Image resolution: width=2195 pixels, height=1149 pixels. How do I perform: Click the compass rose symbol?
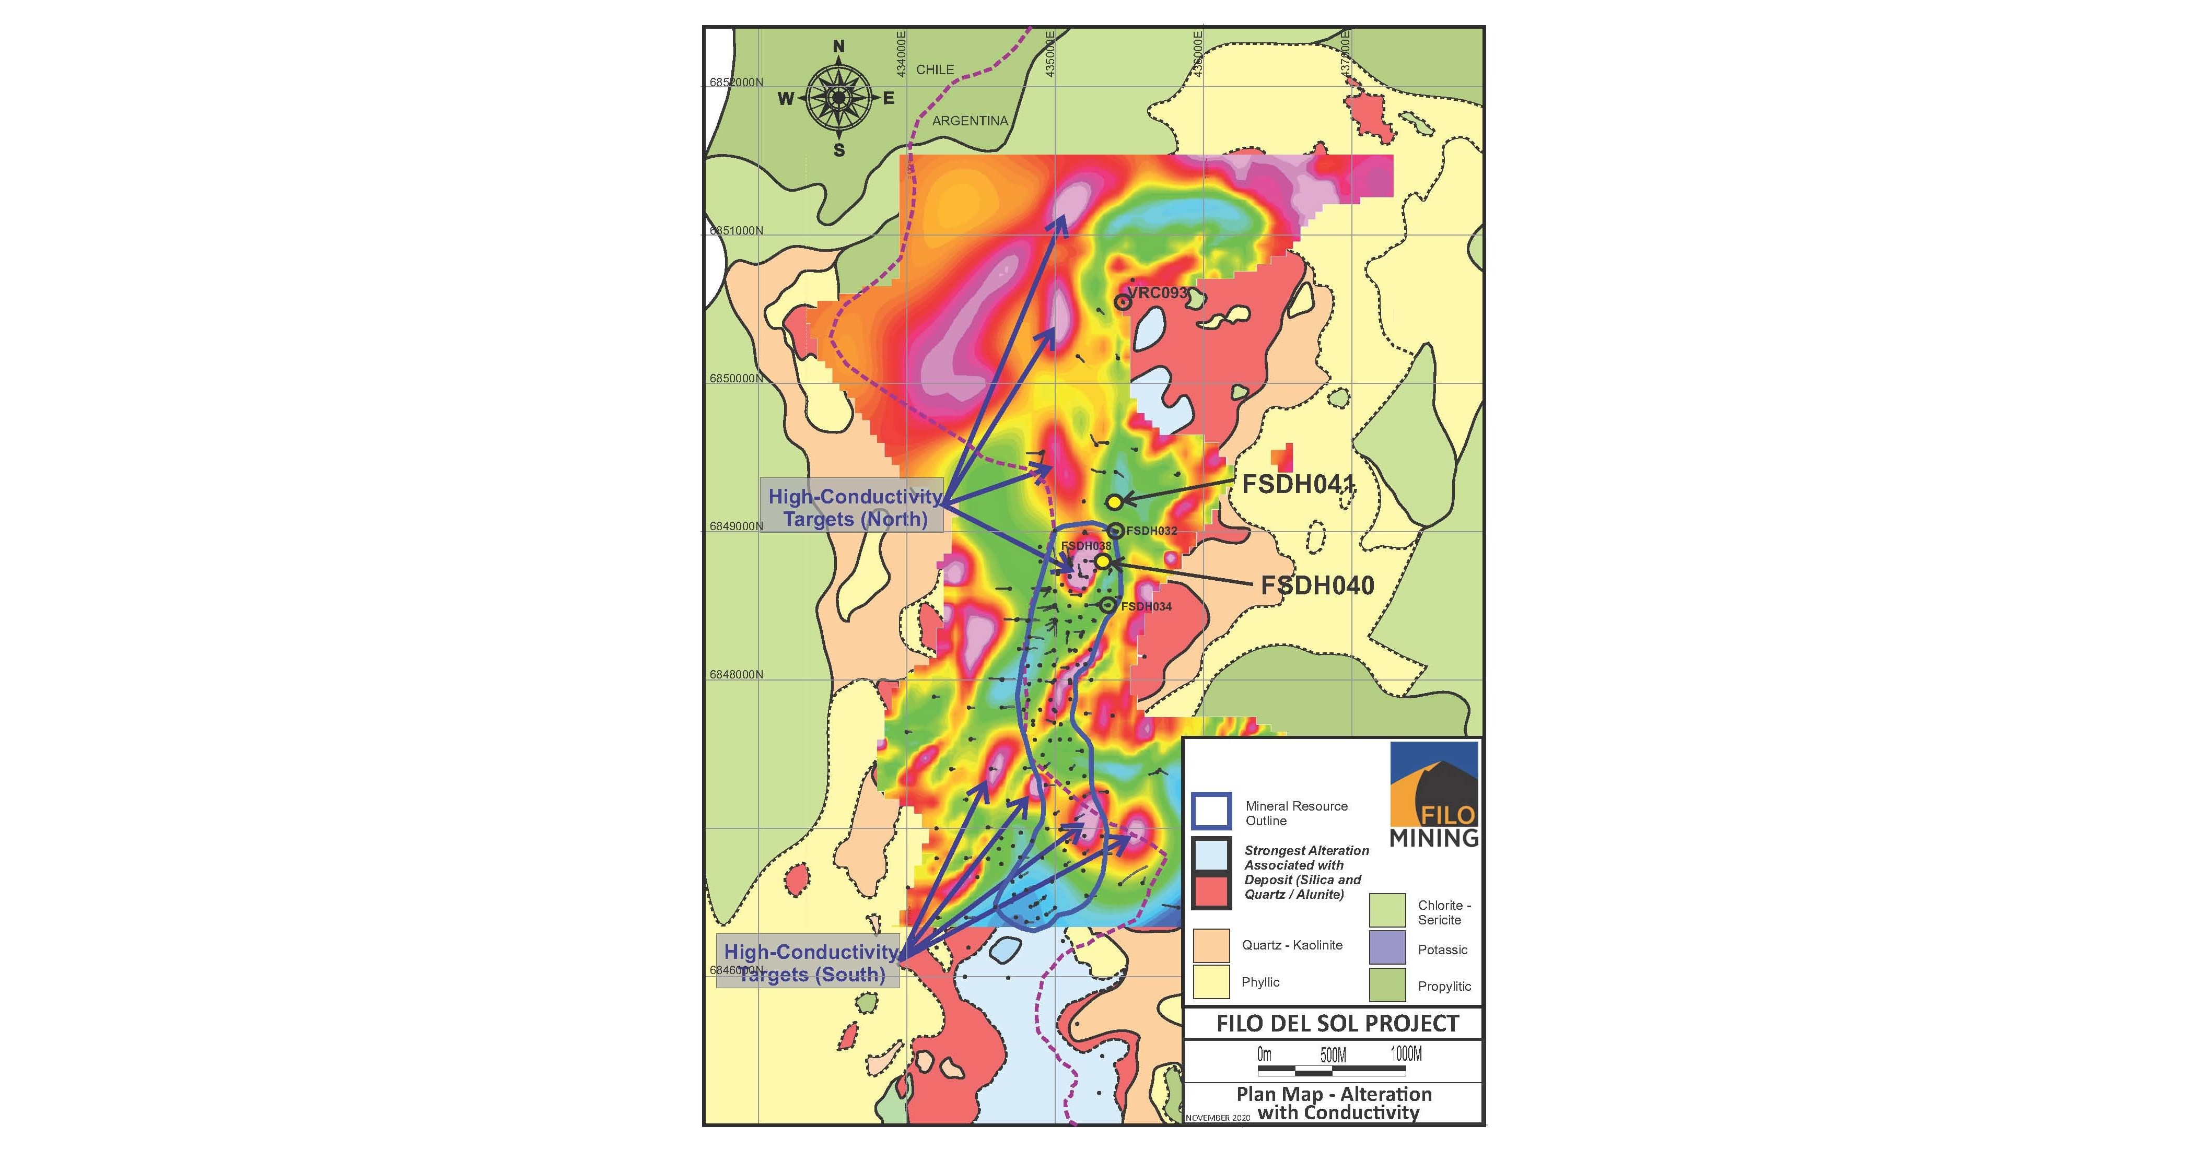click(838, 98)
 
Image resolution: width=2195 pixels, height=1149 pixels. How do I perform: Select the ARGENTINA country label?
click(970, 121)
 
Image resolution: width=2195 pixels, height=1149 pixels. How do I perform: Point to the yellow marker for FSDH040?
click(1103, 561)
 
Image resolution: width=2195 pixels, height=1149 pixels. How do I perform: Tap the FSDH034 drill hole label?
click(1146, 606)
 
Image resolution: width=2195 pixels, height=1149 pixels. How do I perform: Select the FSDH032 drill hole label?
click(1151, 531)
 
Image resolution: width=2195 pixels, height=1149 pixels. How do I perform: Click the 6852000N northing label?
click(736, 83)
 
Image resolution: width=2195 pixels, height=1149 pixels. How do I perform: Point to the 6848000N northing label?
click(736, 675)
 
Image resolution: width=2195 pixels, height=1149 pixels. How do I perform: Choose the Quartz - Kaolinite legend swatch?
click(1211, 945)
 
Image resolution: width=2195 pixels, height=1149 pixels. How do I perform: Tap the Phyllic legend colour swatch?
click(1211, 981)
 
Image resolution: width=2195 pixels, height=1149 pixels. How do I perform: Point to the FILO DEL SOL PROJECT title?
click(1337, 1023)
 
